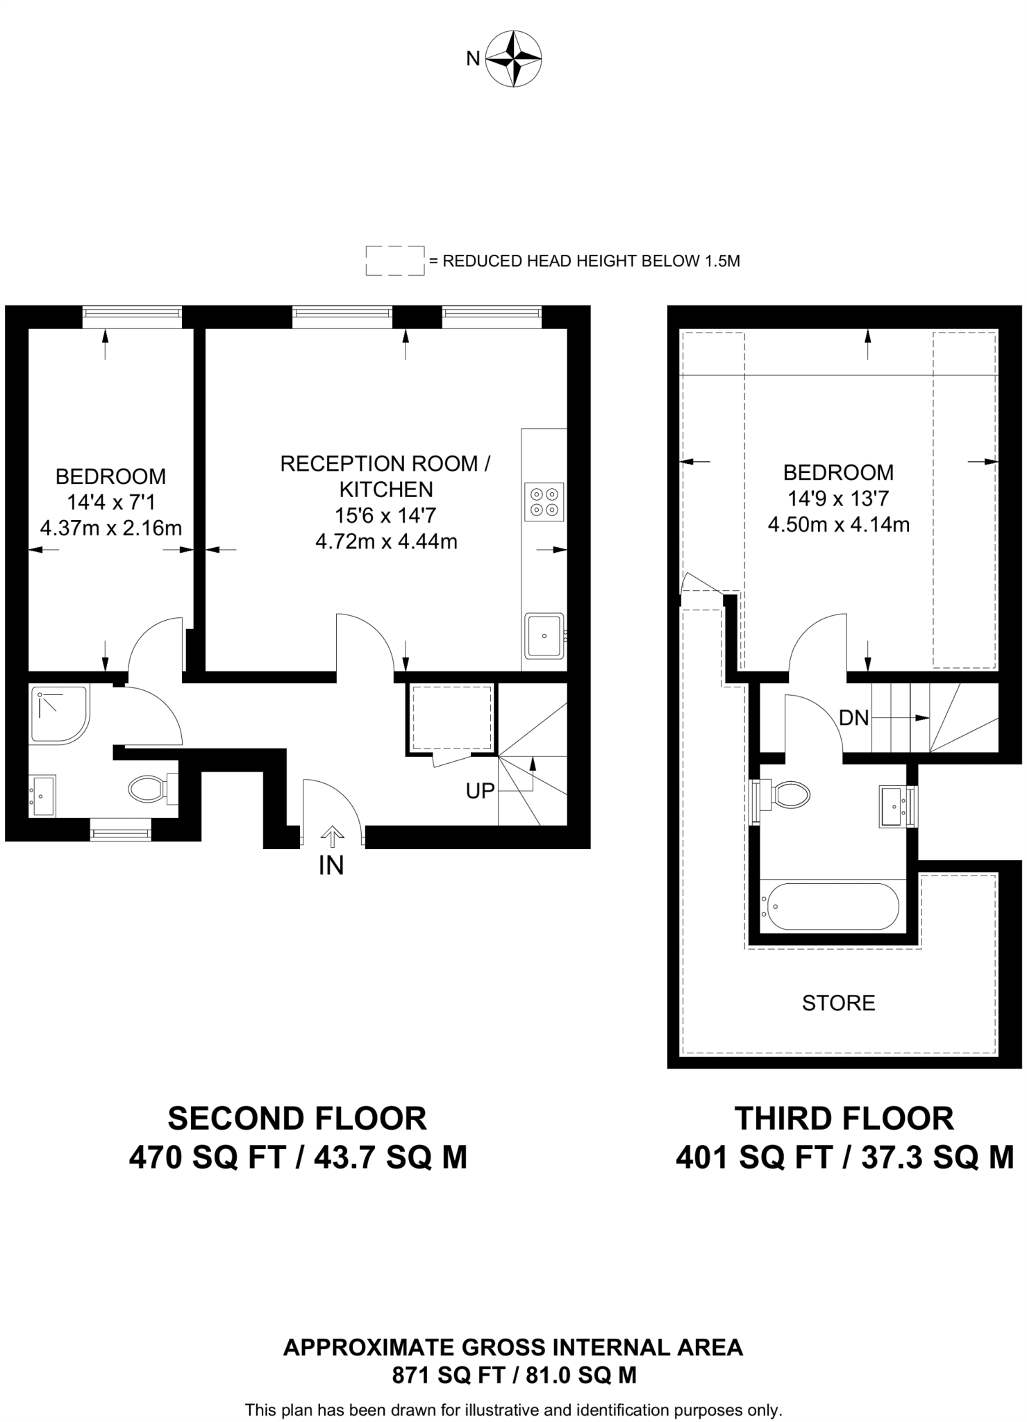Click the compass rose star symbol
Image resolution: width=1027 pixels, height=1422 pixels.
[513, 58]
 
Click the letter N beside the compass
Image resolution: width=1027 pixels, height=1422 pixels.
[473, 59]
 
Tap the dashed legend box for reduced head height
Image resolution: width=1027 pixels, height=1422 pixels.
[394, 260]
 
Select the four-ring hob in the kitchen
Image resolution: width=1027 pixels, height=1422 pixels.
[544, 502]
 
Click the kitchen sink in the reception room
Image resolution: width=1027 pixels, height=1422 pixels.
[544, 635]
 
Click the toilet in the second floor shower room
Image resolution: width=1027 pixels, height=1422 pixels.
[149, 788]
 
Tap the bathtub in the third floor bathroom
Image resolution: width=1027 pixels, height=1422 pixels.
[830, 906]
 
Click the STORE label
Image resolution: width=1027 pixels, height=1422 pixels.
[838, 1003]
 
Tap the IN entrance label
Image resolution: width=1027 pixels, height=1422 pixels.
[331, 866]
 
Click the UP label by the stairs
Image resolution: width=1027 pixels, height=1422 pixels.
[480, 791]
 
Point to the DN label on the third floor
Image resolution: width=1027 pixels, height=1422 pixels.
[853, 718]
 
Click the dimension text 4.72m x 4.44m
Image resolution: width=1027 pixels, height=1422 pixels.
[386, 542]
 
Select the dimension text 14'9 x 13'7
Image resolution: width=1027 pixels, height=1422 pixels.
[838, 499]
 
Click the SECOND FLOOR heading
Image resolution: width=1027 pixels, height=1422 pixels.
[297, 1119]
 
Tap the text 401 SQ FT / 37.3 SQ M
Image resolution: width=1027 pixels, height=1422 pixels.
[844, 1157]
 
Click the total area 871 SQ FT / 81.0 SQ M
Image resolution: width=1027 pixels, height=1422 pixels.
[514, 1375]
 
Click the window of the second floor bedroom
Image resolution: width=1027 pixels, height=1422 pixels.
[132, 317]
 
